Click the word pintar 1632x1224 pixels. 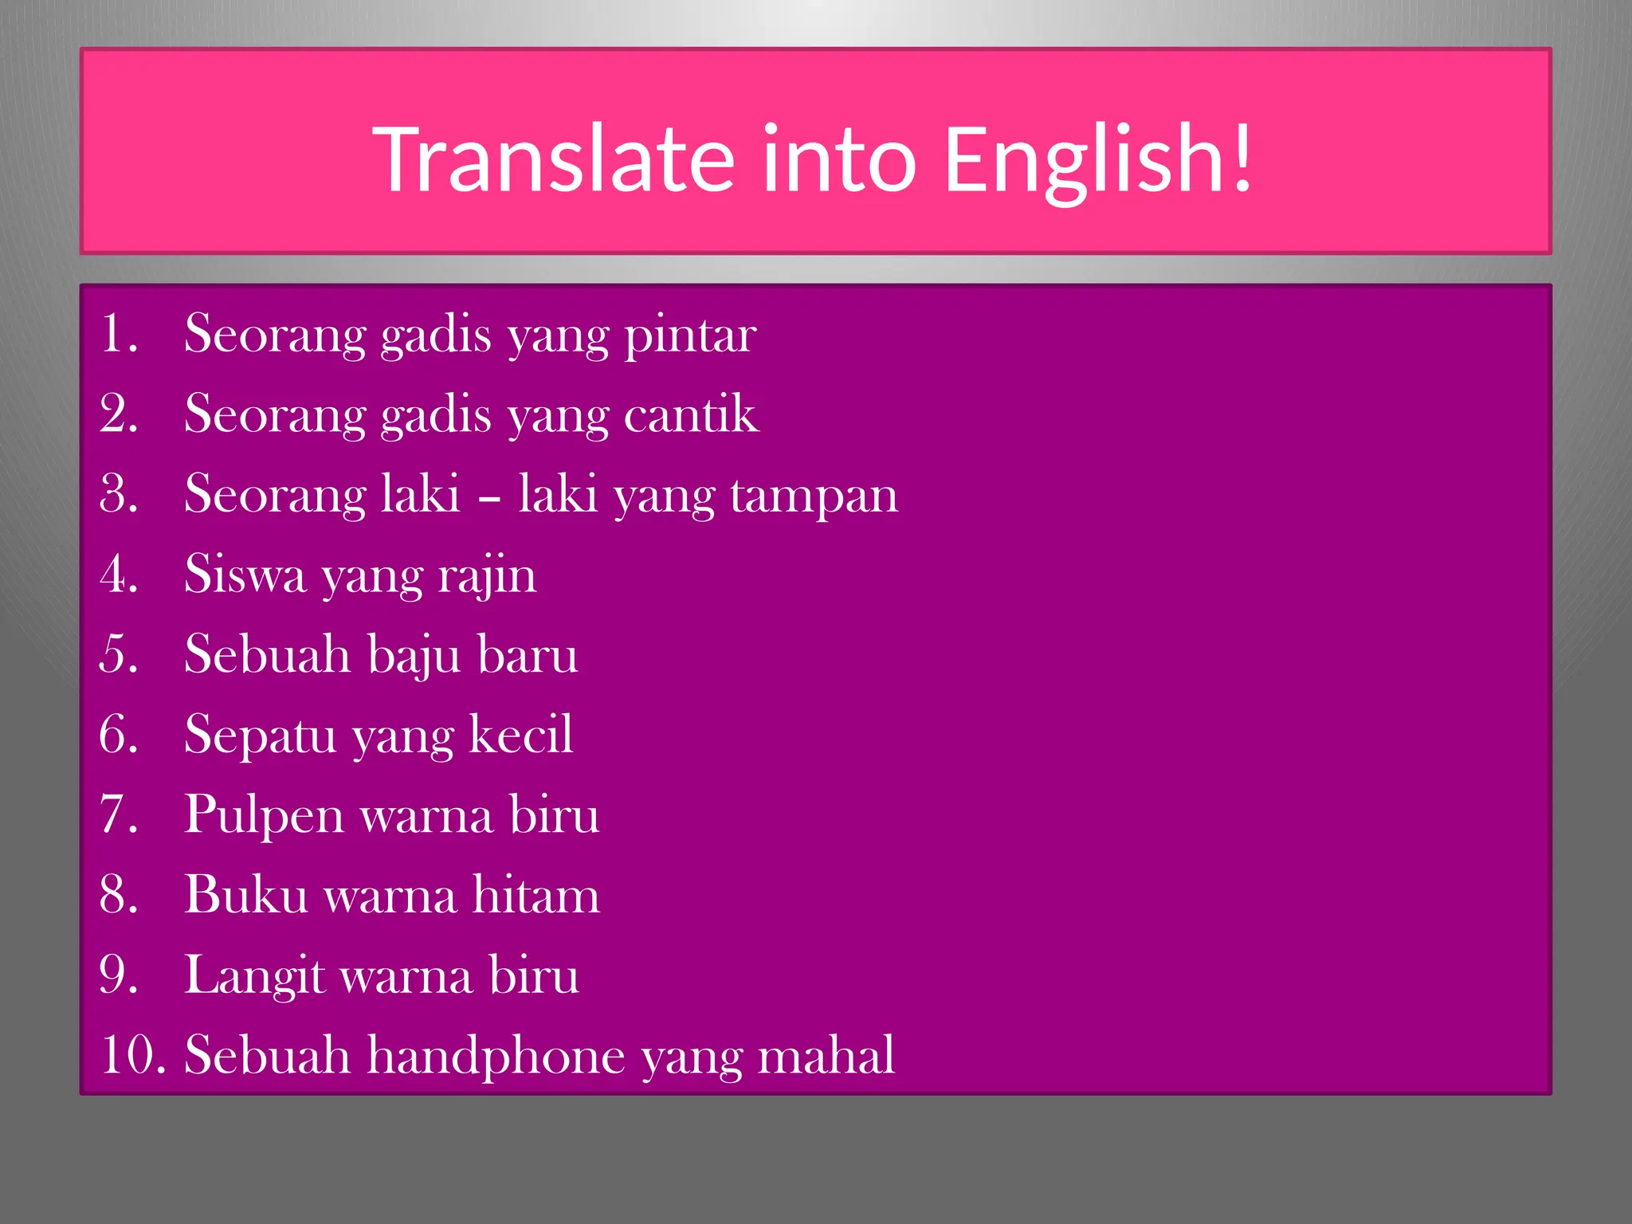(690, 335)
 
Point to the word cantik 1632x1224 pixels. (691, 414)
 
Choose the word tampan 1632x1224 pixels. (814, 496)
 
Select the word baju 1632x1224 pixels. (414, 656)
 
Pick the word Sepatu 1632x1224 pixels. (260, 736)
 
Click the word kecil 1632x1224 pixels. (520, 734)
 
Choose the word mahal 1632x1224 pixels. (826, 1056)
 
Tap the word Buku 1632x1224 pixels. (246, 895)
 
